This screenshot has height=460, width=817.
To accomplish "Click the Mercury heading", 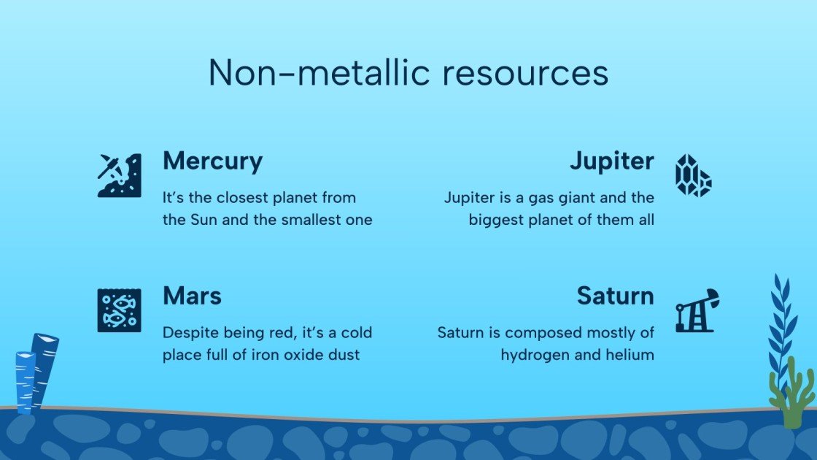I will [x=212, y=161].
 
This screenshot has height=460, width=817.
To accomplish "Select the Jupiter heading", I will [x=611, y=161].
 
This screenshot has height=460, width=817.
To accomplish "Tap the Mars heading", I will [x=192, y=296].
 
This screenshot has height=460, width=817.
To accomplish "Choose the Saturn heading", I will [x=615, y=296].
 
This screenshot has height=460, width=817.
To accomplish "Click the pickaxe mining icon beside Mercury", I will [x=119, y=175].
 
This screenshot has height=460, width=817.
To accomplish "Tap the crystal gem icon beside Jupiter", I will [x=693, y=175].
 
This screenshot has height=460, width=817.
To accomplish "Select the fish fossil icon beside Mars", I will [x=119, y=310].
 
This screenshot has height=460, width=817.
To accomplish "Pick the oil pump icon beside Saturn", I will [x=697, y=310].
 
